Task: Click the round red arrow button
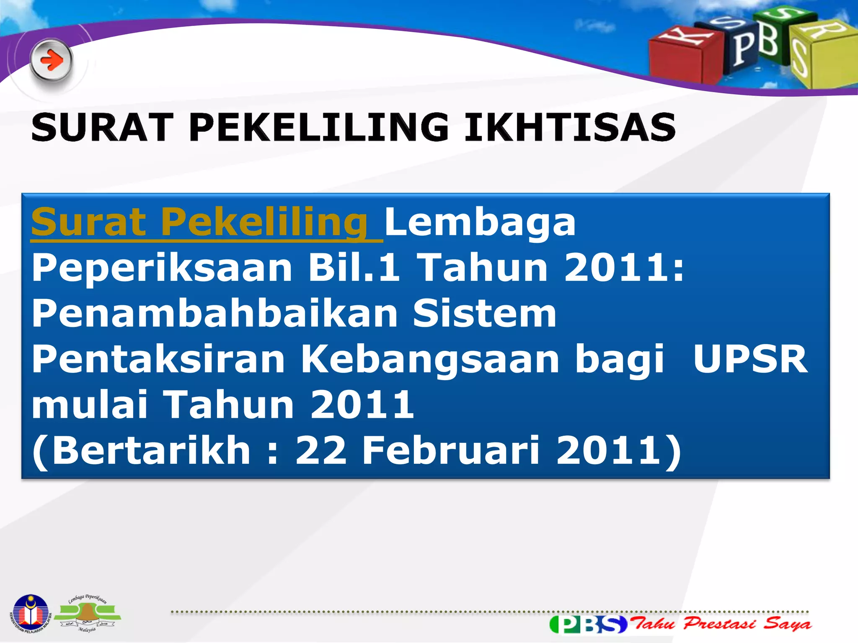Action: tap(51, 61)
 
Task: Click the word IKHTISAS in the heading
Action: tap(570, 127)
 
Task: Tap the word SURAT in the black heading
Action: tap(102, 127)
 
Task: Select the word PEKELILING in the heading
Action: tap(318, 127)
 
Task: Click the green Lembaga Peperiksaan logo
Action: tap(88, 614)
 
